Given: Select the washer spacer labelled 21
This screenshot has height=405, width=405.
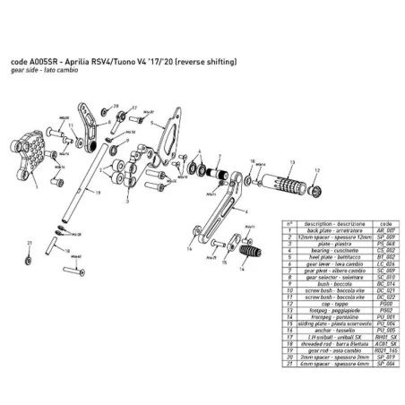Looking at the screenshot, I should coord(29,260).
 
